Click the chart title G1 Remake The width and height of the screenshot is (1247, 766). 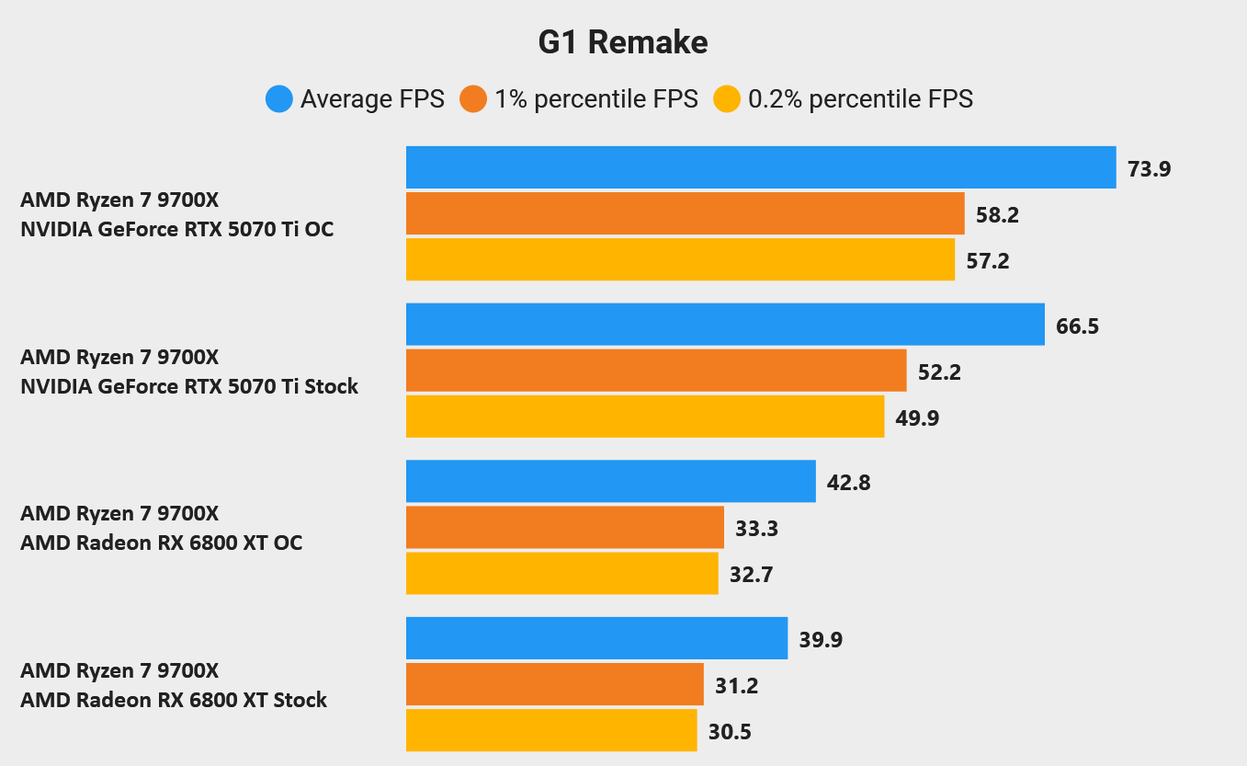(x=623, y=42)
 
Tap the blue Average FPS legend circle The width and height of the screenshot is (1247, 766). (x=279, y=98)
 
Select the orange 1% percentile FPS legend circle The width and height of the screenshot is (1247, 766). (x=473, y=98)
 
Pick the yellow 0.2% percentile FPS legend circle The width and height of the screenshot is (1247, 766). (x=727, y=98)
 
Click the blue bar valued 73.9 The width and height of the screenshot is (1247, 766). (x=761, y=167)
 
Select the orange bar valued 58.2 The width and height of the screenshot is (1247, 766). (x=685, y=214)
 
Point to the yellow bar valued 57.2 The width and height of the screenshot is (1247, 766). (x=680, y=260)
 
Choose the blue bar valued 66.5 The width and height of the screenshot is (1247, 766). (x=725, y=325)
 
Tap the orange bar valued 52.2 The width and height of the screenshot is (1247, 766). (x=656, y=372)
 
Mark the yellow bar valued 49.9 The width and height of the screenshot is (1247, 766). (x=645, y=417)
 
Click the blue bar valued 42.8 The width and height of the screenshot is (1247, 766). (x=611, y=482)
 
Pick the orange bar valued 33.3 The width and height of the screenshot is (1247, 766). (x=565, y=528)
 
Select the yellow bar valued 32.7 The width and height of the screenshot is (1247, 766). (x=562, y=574)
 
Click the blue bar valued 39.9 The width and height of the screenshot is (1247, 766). (x=597, y=638)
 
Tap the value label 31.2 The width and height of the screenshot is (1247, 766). (x=737, y=685)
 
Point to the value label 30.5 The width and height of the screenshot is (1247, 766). (x=731, y=732)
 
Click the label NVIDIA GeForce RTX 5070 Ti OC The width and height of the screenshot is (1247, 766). (x=177, y=229)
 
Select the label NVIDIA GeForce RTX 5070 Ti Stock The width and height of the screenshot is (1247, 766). (x=189, y=386)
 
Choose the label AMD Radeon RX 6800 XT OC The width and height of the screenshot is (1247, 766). (x=162, y=543)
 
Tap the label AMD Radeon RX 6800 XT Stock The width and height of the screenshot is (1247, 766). (x=174, y=700)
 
